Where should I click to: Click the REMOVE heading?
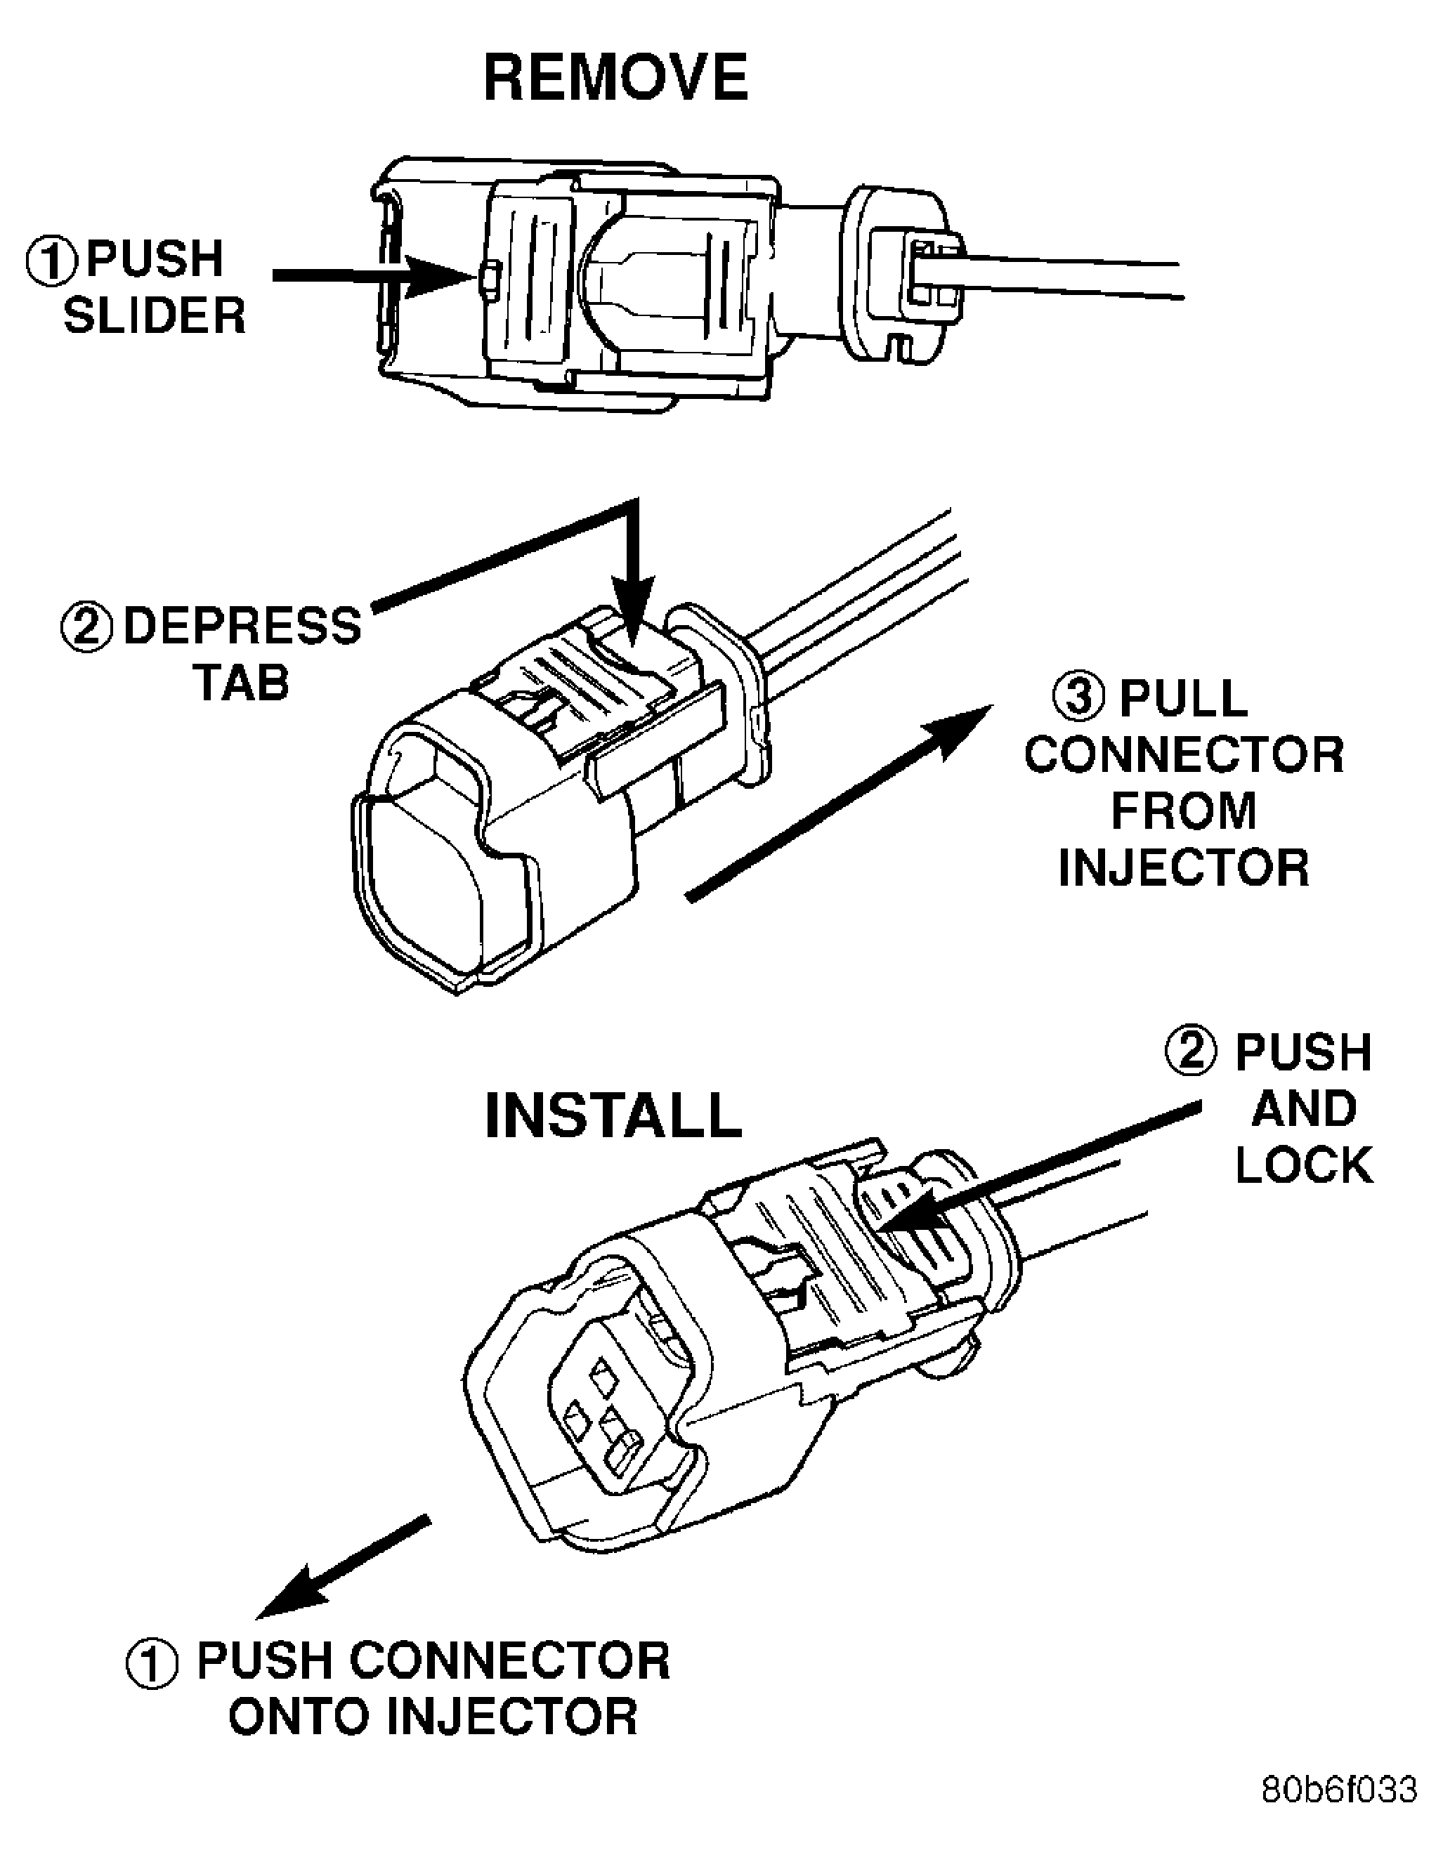pyautogui.click(x=615, y=78)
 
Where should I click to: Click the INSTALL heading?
pyautogui.click(x=613, y=1115)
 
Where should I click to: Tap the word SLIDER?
pyautogui.click(x=155, y=317)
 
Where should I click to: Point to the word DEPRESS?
pyautogui.click(x=243, y=627)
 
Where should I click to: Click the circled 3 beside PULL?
pyautogui.click(x=1078, y=698)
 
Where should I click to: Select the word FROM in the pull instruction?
pyautogui.click(x=1183, y=811)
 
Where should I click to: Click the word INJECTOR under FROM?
pyautogui.click(x=1183, y=867)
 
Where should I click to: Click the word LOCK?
pyautogui.click(x=1304, y=1165)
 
